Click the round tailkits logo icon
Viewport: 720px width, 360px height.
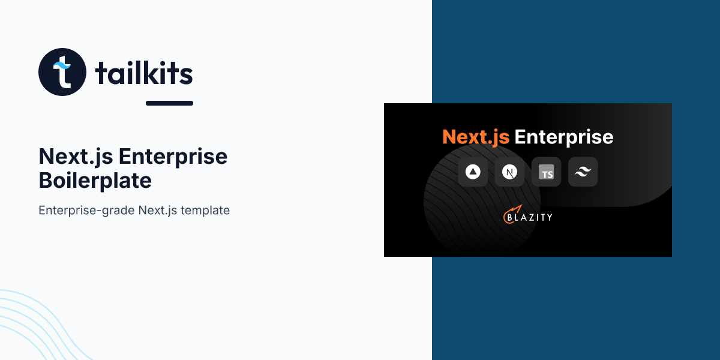coord(62,71)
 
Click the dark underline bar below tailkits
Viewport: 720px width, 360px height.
coord(169,103)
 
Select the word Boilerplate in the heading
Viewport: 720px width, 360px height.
coord(95,181)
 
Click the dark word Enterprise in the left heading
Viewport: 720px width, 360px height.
coord(173,157)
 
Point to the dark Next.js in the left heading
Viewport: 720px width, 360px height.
coord(76,157)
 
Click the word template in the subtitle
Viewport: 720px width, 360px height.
coord(205,211)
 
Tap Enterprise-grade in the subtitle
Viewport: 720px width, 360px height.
coord(86,211)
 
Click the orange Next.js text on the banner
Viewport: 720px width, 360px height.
coord(476,137)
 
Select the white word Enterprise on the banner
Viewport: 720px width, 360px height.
coord(564,137)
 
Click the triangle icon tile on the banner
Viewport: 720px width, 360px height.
coord(473,172)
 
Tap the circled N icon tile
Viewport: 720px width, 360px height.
coord(509,172)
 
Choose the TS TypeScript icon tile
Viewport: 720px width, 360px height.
coord(546,172)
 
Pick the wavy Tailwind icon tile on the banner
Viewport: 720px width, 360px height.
coord(583,172)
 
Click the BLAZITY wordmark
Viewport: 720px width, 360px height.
coord(530,218)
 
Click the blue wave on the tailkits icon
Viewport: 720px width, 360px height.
coord(62,65)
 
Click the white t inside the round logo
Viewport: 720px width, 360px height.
coord(64,73)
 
